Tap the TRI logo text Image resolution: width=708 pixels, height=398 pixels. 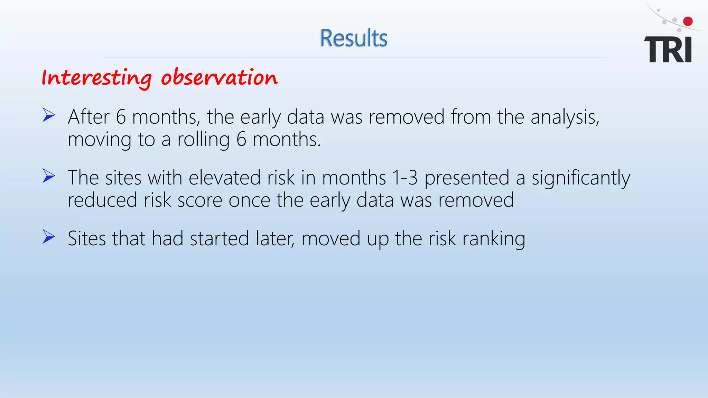[x=668, y=50]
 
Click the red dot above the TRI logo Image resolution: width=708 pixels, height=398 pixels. [x=688, y=21]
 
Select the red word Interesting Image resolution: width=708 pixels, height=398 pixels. [x=96, y=77]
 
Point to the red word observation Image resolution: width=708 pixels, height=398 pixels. [x=219, y=77]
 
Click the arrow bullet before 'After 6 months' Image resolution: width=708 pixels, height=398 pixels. [x=49, y=115]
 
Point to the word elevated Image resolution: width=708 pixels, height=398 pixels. [x=224, y=178]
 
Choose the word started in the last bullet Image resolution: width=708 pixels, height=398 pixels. [x=219, y=238]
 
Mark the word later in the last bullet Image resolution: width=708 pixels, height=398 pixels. [x=275, y=238]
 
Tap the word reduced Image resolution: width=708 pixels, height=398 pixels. [x=102, y=200]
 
